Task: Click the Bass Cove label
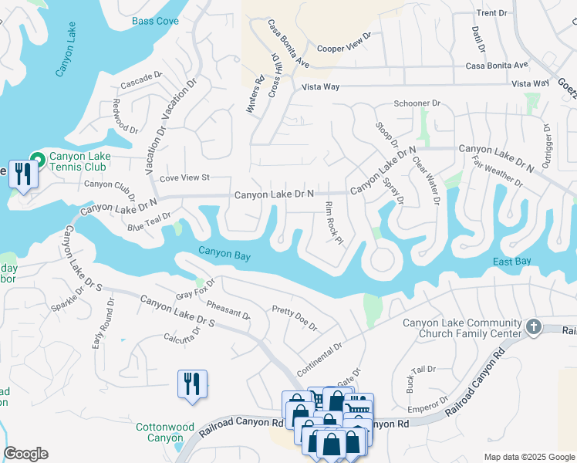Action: pos(155,21)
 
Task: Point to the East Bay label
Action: pos(512,262)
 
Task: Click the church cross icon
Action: pos(533,327)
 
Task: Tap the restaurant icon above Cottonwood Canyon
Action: pos(191,384)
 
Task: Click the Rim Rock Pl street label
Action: pos(333,223)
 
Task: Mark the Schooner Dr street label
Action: pos(417,103)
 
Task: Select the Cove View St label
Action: pos(184,178)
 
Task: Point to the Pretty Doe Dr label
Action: pos(295,317)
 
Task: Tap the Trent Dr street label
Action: pos(492,13)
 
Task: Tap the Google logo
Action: pos(25,454)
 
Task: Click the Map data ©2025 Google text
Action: pos(528,457)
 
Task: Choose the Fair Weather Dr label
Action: pos(497,172)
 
